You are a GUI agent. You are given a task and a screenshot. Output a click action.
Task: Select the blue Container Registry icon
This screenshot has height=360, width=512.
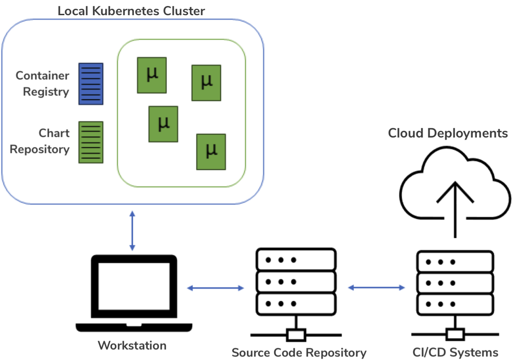click(91, 84)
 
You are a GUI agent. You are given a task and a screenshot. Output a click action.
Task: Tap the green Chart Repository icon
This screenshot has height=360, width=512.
click(91, 142)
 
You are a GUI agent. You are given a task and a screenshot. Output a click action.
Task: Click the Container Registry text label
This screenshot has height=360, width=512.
click(42, 84)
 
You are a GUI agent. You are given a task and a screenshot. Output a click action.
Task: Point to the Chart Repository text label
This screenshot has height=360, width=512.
click(40, 141)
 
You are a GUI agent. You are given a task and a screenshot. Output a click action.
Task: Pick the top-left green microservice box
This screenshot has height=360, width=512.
click(151, 75)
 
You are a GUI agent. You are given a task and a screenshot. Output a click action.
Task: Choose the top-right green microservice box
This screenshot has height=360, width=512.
click(206, 82)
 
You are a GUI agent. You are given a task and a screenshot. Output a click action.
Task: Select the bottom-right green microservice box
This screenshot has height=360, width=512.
click(211, 151)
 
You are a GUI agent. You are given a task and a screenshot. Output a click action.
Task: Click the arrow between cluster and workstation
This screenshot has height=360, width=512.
click(132, 231)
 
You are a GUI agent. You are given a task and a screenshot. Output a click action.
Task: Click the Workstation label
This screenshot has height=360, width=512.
click(132, 345)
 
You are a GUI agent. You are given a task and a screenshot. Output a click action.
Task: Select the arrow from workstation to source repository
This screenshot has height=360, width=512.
click(215, 288)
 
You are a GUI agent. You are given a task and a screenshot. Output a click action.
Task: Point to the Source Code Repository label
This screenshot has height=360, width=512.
click(299, 353)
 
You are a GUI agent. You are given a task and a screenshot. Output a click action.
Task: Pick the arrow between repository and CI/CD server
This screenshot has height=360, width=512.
click(376, 288)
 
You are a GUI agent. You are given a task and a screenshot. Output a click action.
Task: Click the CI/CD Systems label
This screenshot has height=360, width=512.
click(455, 353)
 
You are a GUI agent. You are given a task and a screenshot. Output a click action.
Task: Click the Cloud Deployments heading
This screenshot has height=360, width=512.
click(448, 134)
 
